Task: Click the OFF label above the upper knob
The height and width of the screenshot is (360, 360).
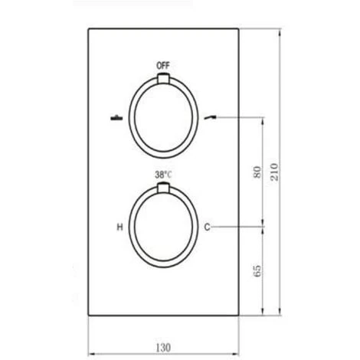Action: pyautogui.click(x=163, y=66)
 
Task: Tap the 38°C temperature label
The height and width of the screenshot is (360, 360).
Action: pyautogui.click(x=163, y=175)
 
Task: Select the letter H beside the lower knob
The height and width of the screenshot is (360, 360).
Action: pyautogui.click(x=119, y=227)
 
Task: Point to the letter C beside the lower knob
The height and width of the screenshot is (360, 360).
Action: pyautogui.click(x=207, y=227)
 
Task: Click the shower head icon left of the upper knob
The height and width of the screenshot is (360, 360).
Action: pyautogui.click(x=116, y=118)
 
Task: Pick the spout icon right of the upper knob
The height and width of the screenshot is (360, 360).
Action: pyautogui.click(x=210, y=118)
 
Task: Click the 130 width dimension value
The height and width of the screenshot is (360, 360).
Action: pyautogui.click(x=163, y=348)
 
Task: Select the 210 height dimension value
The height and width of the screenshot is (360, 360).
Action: pyautogui.click(x=274, y=172)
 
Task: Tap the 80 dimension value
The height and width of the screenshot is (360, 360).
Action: pyautogui.click(x=257, y=172)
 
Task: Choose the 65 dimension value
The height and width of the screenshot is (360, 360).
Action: pyautogui.click(x=257, y=270)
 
